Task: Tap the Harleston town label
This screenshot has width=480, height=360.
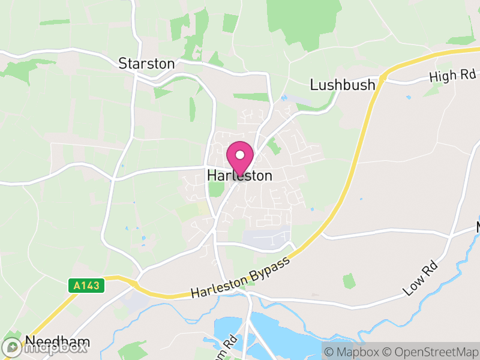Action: coord(239,176)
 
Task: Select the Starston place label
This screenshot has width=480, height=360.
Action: coord(146,64)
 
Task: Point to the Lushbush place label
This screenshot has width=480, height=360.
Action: coord(343,85)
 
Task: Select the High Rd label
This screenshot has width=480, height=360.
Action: coord(452,76)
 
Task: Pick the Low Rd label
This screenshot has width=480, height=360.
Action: coord(418,280)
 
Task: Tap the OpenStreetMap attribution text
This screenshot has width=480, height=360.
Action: coord(432,351)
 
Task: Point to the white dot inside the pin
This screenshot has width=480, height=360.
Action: coord(240,154)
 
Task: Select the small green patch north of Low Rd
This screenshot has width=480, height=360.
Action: coord(349,281)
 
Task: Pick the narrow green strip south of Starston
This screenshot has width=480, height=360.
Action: coord(193,109)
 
